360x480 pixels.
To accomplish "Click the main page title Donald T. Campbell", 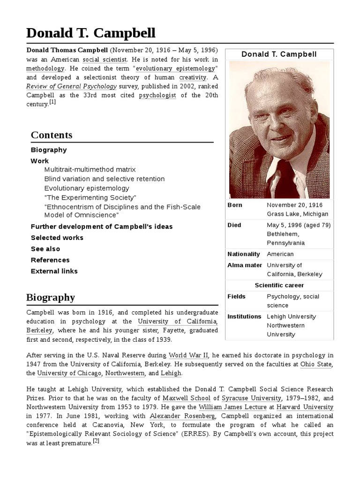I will [90, 33].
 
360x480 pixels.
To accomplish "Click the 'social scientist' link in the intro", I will [105, 60].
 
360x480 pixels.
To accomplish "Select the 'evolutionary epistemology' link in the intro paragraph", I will [175, 68].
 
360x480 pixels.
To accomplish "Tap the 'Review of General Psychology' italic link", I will [71, 86].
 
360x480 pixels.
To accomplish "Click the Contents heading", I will [52, 135].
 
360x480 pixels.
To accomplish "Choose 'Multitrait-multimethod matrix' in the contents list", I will [90, 169].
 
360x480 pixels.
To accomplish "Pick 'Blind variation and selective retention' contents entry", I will [105, 179].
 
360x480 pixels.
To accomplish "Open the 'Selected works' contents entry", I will [57, 238].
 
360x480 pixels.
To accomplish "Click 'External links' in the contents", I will [54, 271].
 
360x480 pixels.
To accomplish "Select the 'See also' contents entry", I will [45, 249].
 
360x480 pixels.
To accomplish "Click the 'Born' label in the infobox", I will [235, 205].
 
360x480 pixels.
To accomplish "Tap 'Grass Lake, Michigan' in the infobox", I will [297, 214].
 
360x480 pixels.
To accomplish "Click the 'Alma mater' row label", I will [245, 265].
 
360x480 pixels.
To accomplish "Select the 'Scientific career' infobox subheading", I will [279, 285].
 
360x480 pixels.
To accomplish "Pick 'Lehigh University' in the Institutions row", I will [292, 316].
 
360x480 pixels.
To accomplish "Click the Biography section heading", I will [51, 297].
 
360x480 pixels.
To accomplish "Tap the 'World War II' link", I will [187, 355].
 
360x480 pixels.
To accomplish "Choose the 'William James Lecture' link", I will [226, 407].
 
